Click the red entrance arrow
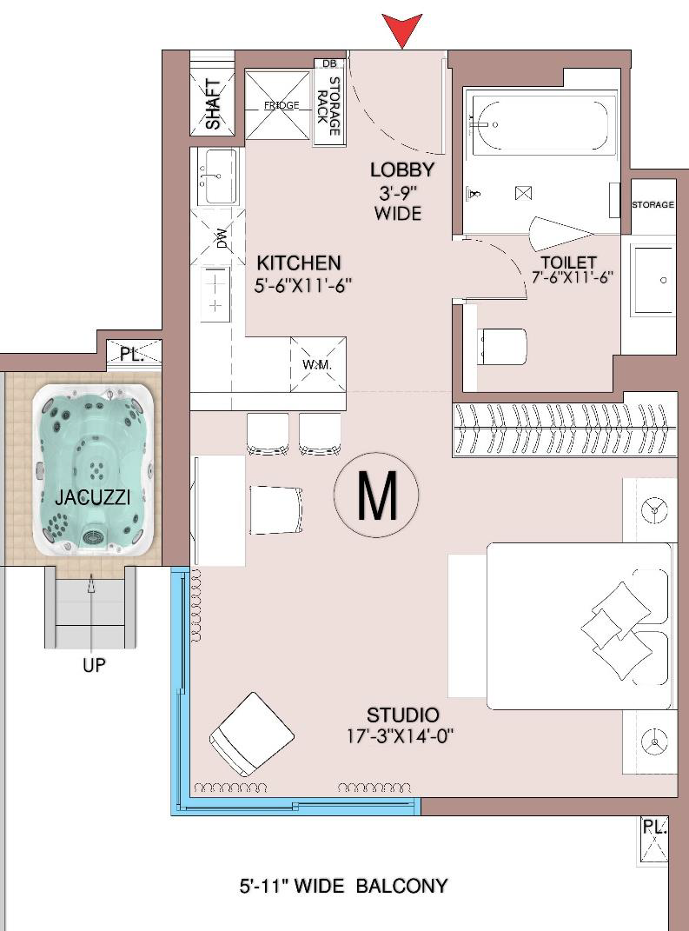coord(402,30)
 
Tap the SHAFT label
coord(213,104)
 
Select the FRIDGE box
coord(278,106)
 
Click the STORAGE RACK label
coord(328,106)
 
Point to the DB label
coord(328,63)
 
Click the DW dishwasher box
coord(218,237)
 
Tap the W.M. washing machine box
coord(317,364)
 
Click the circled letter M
coord(376,495)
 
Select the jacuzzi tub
coord(93,470)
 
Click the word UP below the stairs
coord(94,666)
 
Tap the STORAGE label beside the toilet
coord(653,205)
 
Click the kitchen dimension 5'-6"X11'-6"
coord(303,286)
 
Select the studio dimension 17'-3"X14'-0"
coord(400,737)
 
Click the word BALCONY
coord(401,886)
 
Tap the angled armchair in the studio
coord(252,734)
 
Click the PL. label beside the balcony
coord(654,827)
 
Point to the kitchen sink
coord(217,177)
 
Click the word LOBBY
coord(401,170)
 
